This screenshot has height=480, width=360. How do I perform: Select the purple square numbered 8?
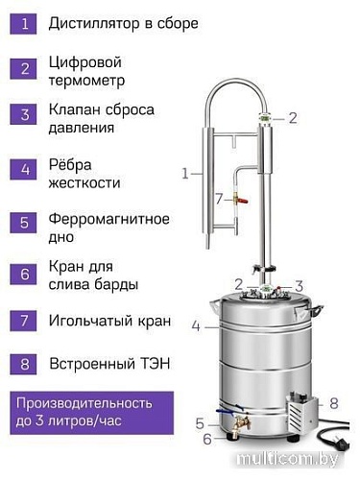(24, 364)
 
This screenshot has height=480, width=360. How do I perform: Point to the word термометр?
(86, 82)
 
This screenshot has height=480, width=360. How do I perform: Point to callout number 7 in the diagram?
(218, 199)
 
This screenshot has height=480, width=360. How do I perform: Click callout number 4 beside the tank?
(195, 326)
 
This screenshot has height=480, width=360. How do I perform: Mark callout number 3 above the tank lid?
(299, 285)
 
